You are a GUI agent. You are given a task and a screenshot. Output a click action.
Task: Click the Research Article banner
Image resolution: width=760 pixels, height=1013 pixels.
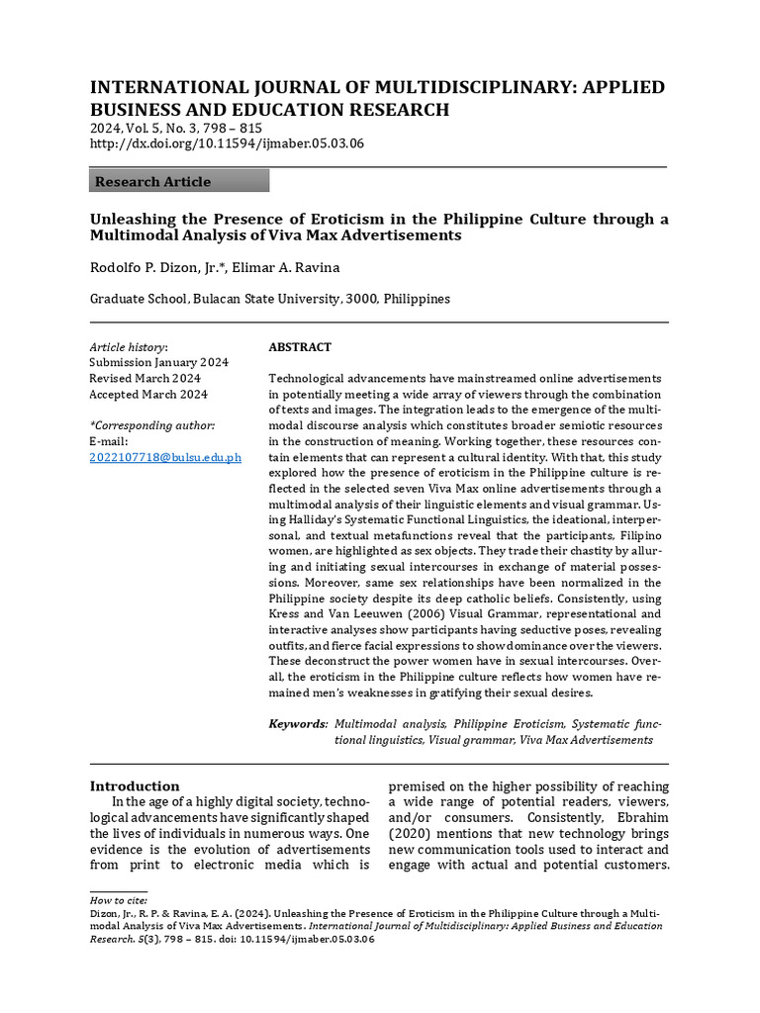(179, 181)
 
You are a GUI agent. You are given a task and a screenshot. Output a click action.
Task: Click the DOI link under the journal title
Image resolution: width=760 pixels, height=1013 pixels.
(227, 143)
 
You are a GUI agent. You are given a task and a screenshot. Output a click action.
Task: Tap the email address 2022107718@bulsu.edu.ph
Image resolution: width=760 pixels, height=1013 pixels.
(165, 457)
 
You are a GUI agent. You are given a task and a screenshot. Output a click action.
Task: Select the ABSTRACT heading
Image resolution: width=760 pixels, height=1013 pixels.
(300, 347)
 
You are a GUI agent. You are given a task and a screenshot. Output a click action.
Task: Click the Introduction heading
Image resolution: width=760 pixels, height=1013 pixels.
(135, 785)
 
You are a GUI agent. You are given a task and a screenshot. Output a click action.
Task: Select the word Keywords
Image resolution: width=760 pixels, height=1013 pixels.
(298, 724)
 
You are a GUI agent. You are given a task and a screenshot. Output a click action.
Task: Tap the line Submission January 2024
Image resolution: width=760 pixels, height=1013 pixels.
(158, 363)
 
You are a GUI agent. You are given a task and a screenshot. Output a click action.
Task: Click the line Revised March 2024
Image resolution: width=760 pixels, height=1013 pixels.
(144, 379)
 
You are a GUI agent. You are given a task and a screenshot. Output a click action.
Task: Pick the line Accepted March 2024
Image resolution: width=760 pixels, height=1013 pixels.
(148, 395)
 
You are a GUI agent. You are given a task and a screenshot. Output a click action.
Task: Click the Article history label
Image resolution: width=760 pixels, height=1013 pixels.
(129, 347)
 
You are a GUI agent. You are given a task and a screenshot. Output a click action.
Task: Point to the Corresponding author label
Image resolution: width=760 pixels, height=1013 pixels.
(151, 425)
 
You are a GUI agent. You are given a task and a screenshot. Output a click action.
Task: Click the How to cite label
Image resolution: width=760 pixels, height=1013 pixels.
(118, 900)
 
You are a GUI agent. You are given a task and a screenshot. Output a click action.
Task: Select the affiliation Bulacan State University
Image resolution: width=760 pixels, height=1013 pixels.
(264, 299)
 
